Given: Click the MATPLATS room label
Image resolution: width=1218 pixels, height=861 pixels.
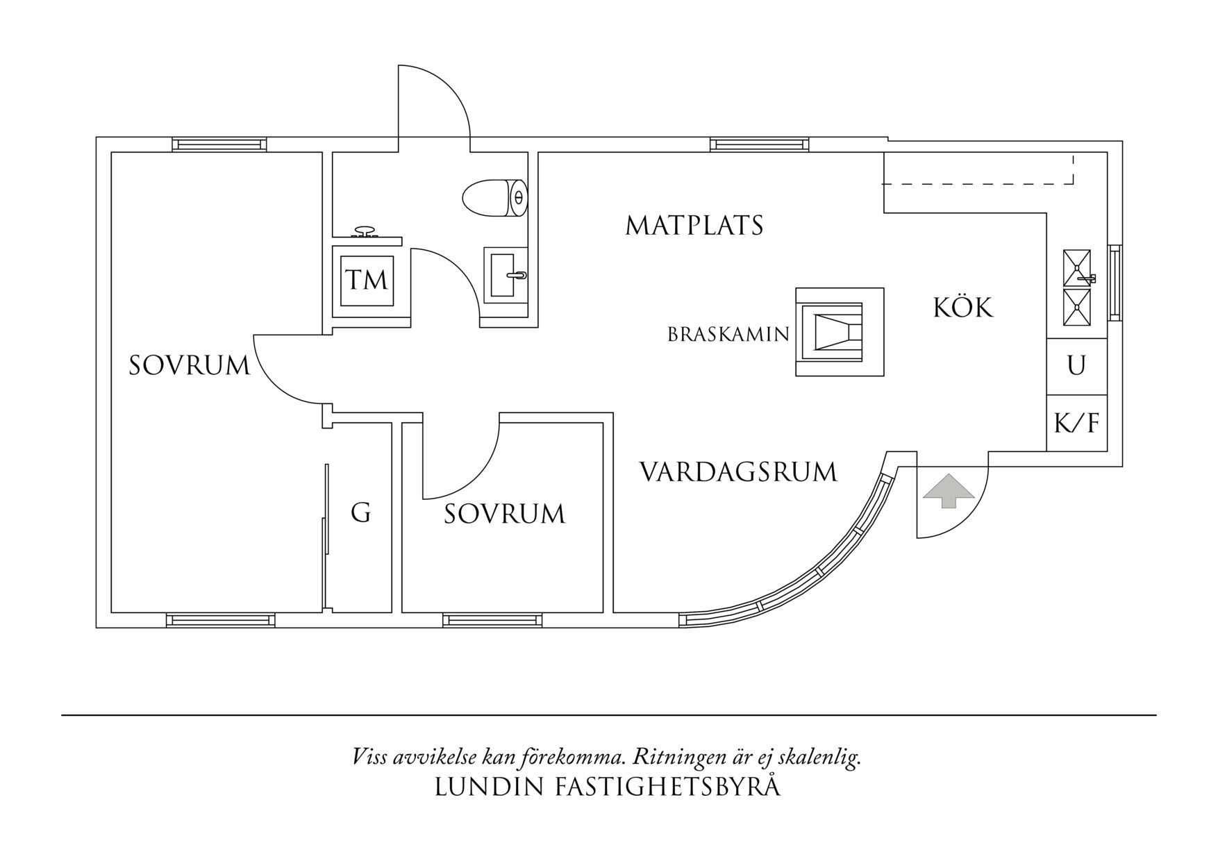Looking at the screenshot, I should click(x=694, y=226).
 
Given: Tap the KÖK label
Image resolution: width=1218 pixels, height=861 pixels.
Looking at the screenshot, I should click(x=963, y=307).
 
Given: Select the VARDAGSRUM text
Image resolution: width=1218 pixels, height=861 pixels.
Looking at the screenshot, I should click(x=738, y=472).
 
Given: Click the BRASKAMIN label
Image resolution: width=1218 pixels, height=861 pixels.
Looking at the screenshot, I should click(x=728, y=335).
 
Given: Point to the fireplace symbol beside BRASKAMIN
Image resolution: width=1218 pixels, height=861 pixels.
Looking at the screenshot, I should click(x=839, y=332).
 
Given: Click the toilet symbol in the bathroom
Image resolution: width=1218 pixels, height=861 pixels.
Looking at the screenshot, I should click(x=494, y=198).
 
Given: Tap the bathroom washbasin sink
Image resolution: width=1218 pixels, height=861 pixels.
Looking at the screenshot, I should click(x=505, y=275).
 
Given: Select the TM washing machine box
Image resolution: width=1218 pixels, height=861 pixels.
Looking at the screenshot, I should click(x=367, y=281).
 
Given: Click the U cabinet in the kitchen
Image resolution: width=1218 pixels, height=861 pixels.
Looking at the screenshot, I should click(x=1076, y=366).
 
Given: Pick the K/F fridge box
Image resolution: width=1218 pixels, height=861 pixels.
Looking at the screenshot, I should click(x=1076, y=423).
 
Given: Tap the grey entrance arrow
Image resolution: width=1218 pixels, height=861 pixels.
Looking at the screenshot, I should click(x=949, y=491).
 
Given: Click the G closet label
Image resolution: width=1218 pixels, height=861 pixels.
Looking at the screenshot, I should click(x=360, y=513).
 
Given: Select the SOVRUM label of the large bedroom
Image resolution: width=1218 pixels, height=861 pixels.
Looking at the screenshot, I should click(x=189, y=365).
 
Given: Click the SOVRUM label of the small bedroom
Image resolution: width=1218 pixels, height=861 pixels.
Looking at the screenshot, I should click(x=504, y=515).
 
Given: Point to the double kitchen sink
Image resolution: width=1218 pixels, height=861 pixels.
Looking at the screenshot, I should click(x=1077, y=287).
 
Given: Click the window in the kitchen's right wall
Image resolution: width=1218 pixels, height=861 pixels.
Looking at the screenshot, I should click(x=1115, y=282).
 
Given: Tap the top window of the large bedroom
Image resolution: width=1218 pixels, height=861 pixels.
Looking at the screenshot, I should click(x=219, y=144).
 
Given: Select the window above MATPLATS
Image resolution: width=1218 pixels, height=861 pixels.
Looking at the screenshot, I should click(x=759, y=144).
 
